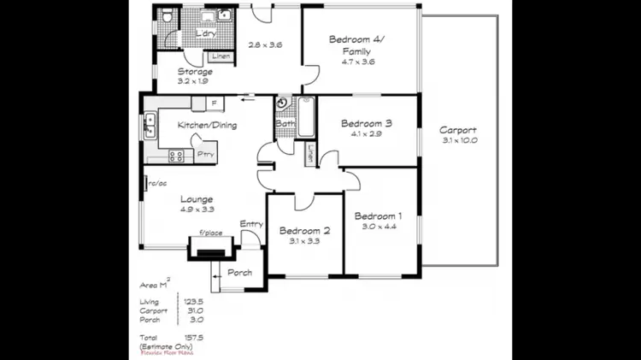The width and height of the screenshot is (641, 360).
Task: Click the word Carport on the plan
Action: (x=458, y=130)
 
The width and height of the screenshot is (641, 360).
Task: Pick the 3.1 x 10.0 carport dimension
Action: (x=458, y=140)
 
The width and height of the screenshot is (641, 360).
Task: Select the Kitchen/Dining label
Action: (x=207, y=126)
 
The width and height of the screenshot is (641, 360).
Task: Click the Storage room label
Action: (x=195, y=72)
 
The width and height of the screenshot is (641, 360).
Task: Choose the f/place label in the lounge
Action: (x=210, y=233)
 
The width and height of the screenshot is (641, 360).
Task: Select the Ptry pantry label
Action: (x=205, y=154)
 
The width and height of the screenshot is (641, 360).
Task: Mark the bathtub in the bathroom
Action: (x=306, y=115)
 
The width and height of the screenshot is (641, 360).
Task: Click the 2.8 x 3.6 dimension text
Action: (x=265, y=45)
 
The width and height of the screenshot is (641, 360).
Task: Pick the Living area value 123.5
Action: (x=193, y=301)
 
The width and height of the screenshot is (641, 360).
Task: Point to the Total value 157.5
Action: (x=193, y=339)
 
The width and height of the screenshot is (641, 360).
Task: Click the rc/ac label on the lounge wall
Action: (x=156, y=182)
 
